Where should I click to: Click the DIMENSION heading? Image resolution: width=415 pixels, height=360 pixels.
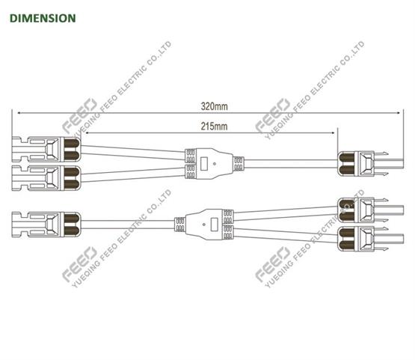tap(43, 18)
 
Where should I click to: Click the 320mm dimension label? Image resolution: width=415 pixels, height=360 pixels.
tap(214, 106)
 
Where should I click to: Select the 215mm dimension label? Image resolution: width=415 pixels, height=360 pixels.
tap(214, 126)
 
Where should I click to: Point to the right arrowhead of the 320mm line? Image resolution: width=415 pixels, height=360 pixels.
tap(398, 113)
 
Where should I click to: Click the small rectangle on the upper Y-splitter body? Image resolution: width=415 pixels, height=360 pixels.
tap(204, 164)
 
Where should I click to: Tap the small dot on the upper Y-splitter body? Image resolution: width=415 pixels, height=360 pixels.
tap(215, 164)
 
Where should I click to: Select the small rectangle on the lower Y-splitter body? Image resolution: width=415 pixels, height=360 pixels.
tap(214, 225)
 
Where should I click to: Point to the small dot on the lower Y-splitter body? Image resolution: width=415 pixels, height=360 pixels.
tap(203, 225)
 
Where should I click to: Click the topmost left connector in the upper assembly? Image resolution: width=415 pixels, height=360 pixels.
tap(46, 150)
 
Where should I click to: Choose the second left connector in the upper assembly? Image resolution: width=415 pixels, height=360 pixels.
tap(46, 178)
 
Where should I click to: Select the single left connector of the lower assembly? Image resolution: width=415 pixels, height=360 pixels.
tap(46, 225)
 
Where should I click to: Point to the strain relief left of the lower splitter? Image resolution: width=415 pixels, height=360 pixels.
tap(180, 225)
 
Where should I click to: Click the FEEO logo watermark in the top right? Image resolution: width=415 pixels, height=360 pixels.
tap(273, 115)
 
